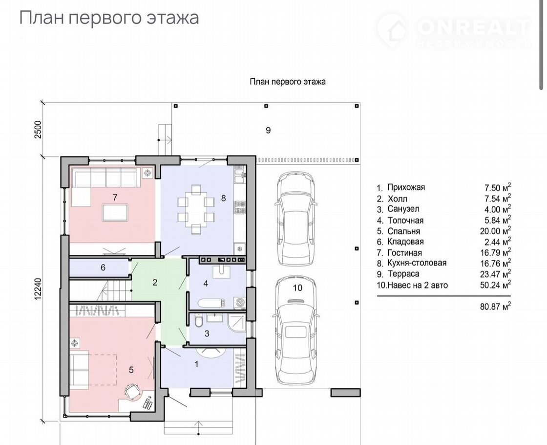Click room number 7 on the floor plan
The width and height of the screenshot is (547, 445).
[x=115, y=198]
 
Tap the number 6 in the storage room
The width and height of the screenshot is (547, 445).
[x=103, y=267]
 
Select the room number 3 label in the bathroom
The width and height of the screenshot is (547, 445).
[x=207, y=334]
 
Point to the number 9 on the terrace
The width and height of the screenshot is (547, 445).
[x=268, y=130]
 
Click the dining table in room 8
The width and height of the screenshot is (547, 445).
[x=196, y=209]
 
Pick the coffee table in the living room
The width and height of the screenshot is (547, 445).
[x=115, y=212]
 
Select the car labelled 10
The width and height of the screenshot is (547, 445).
[x=296, y=331]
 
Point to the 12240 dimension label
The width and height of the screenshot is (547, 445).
[x=38, y=288]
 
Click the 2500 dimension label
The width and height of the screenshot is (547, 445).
[x=38, y=130]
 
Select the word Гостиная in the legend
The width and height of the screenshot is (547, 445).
[x=405, y=252]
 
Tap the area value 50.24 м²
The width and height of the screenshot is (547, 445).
[x=495, y=284]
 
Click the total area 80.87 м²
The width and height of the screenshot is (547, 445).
[x=495, y=307]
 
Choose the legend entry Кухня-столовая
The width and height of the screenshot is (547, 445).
[x=417, y=263]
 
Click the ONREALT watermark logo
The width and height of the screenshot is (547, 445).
[x=454, y=30]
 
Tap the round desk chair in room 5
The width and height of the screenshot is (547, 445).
[x=132, y=391]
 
